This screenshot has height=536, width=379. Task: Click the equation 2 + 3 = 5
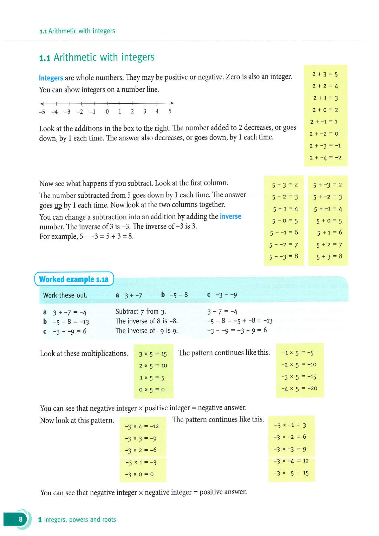coord(325,74)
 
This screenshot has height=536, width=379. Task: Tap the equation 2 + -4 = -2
coord(325,158)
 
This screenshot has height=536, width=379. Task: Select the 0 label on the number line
coord(107,112)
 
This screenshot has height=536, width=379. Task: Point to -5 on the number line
coord(42,112)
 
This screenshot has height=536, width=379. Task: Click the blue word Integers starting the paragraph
coord(51,78)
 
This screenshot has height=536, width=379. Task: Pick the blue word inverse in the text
coord(230,216)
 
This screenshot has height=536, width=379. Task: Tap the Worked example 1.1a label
coord(74,279)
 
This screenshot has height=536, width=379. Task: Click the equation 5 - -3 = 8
coord(283,256)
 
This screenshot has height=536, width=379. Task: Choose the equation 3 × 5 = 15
coord(153,354)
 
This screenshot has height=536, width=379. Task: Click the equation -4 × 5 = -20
coord(299,388)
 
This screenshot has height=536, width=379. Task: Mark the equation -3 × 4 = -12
coord(142,426)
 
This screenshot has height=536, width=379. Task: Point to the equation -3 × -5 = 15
coord(291,473)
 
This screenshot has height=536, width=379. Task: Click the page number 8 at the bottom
coord(21,519)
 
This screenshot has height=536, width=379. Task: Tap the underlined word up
coord(58,205)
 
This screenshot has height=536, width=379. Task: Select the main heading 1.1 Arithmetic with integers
coord(97,57)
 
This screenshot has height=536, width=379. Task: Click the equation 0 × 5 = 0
coord(152,390)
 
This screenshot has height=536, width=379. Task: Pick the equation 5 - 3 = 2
coord(285,185)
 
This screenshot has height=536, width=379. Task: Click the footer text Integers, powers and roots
coord(80,519)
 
